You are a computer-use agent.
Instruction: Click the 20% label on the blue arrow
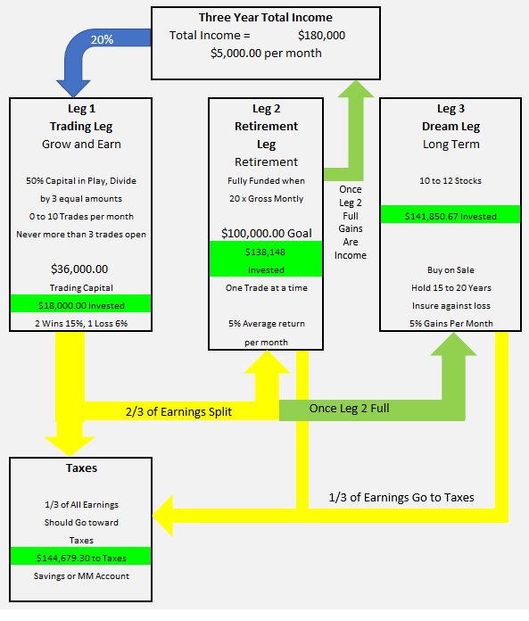pyautogui.click(x=103, y=39)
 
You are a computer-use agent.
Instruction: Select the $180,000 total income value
pyautogui.click(x=321, y=36)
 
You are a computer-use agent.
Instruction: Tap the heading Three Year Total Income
pyautogui.click(x=266, y=18)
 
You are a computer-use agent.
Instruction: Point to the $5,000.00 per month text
pyautogui.click(x=266, y=54)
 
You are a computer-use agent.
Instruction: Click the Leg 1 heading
pyautogui.click(x=81, y=109)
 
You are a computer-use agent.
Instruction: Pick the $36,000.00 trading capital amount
pyautogui.click(x=79, y=269)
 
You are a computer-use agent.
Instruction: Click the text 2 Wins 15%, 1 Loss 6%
pyautogui.click(x=81, y=324)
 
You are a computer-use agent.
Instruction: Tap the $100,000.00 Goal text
pyautogui.click(x=267, y=233)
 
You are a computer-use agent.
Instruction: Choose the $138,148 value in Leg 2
pyautogui.click(x=265, y=253)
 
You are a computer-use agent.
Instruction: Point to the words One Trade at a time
pyautogui.click(x=267, y=288)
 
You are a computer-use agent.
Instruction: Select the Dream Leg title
pyautogui.click(x=451, y=127)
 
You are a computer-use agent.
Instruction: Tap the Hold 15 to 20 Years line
pyautogui.click(x=451, y=288)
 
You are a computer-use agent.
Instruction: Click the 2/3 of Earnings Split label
pyautogui.click(x=178, y=412)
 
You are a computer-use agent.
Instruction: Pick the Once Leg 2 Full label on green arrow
pyautogui.click(x=349, y=409)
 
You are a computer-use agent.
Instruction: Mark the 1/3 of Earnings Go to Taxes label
pyautogui.click(x=401, y=498)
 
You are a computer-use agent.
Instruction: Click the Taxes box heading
pyautogui.click(x=81, y=468)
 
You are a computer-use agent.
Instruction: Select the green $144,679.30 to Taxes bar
pyautogui.click(x=81, y=557)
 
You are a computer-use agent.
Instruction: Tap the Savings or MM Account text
pyautogui.click(x=81, y=576)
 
